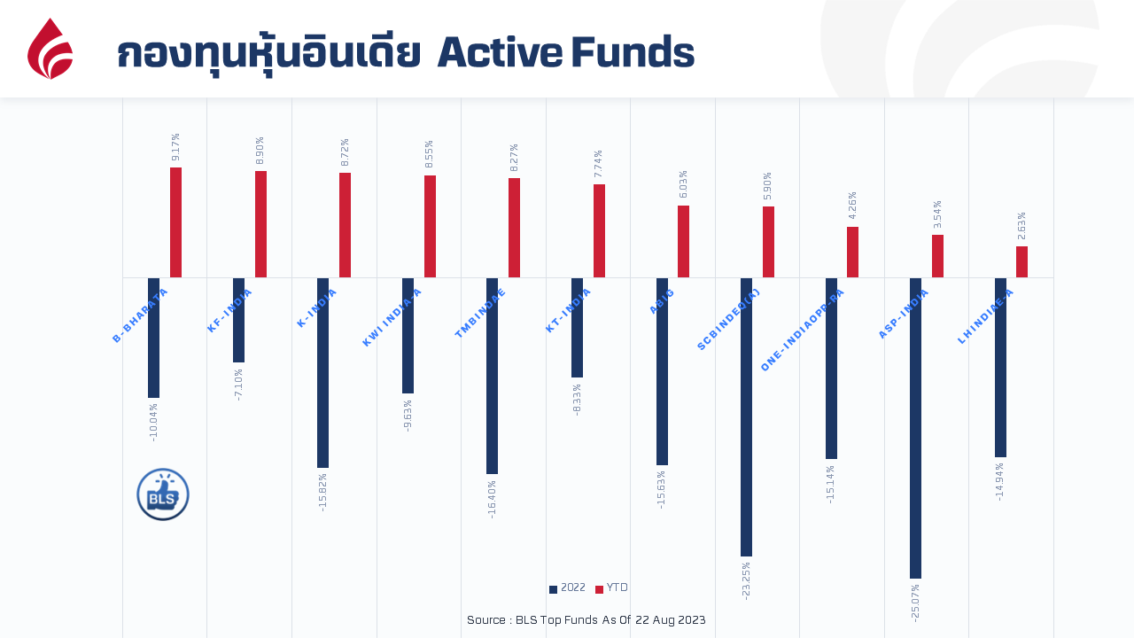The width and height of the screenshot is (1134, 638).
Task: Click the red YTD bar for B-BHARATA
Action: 175,222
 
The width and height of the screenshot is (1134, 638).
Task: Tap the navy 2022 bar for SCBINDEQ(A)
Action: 746,417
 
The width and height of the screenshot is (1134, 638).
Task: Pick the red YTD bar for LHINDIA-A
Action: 1021,262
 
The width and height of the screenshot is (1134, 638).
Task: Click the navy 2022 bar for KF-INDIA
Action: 238,320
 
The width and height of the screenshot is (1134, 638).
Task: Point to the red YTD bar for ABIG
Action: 683,242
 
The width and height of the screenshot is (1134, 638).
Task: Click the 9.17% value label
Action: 175,148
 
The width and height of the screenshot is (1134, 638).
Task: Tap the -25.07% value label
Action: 915,603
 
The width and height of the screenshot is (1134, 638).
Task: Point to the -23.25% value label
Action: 746,580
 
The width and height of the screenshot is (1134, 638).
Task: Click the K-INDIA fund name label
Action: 316,308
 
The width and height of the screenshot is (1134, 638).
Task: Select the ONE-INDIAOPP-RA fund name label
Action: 803,330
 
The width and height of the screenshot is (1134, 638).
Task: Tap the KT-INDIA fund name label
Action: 568,310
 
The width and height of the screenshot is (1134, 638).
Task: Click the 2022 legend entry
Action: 567,588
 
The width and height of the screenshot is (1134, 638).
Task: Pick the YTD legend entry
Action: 611,588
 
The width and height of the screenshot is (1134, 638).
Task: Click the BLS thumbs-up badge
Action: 163,494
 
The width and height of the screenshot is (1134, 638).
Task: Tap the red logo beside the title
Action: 50,50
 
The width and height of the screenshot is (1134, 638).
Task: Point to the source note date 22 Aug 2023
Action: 670,620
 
